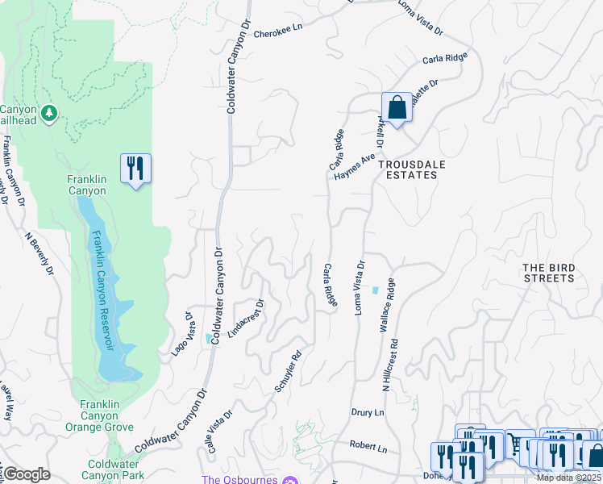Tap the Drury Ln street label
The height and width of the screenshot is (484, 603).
click(x=368, y=412)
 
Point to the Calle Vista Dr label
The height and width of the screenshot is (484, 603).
click(x=220, y=431)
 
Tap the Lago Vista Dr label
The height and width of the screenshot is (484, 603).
click(x=181, y=334)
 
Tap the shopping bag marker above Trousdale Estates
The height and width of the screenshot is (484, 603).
click(x=397, y=106)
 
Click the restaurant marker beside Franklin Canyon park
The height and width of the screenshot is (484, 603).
click(x=135, y=169)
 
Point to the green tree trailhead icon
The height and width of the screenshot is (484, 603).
click(x=49, y=113)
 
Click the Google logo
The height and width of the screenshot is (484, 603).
click(x=27, y=474)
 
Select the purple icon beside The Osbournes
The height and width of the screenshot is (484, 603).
click(x=291, y=480)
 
